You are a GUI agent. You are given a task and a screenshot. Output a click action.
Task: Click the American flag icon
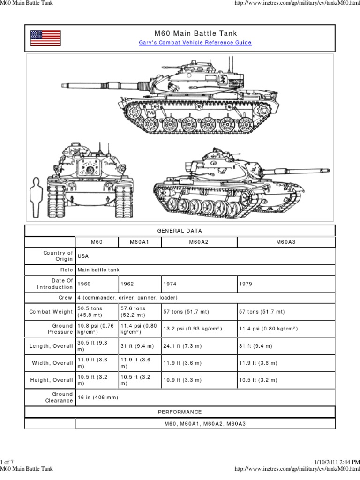pyautogui.click(x=45, y=38)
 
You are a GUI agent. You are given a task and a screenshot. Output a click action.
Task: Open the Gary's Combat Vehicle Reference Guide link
pyautogui.click(x=195, y=43)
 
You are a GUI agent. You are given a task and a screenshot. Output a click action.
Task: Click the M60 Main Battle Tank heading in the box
pyautogui.click(x=195, y=33)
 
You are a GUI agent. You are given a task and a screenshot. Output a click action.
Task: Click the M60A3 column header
pyautogui.click(x=286, y=242)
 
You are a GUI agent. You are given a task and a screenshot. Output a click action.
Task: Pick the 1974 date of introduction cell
pyautogui.click(x=170, y=284)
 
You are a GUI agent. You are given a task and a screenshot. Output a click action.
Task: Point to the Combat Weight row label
pyautogui.click(x=51, y=312)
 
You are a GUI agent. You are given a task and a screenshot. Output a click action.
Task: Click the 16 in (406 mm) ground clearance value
pyautogui.click(x=99, y=397)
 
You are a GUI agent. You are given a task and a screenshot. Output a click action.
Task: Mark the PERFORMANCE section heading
pyautogui.click(x=180, y=412)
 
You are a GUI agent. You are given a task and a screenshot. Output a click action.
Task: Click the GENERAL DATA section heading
pyautogui.click(x=180, y=231)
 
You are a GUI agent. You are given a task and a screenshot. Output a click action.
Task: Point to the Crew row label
pyautogui.click(x=65, y=298)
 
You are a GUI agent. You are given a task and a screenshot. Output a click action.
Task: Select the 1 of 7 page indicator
pyautogui.click(x=8, y=463)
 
